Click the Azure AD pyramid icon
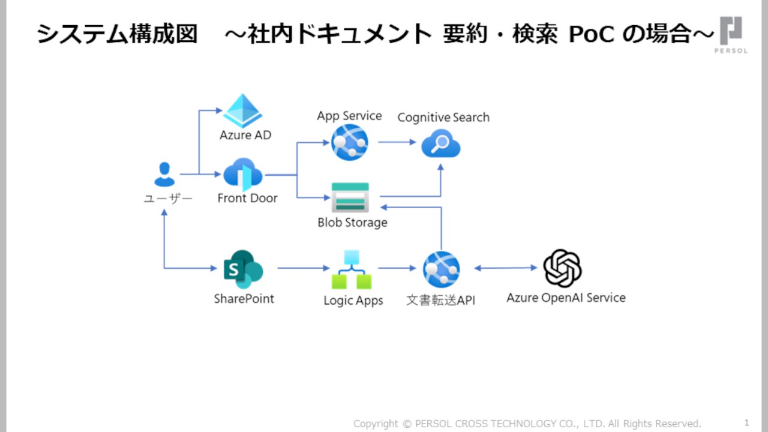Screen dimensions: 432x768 pos(243,111)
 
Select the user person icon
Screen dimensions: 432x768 pos(164,174)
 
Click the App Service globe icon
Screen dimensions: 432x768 pos(349,142)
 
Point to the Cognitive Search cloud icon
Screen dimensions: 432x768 pos(440,145)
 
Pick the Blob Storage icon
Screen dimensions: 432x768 pos(350,197)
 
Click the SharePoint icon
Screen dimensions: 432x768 pos(243,269)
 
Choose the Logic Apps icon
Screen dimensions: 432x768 pos(352,270)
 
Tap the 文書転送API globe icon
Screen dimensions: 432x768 pos(441,269)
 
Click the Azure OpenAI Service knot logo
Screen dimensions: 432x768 pos(562,268)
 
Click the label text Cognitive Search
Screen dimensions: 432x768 pos(443,118)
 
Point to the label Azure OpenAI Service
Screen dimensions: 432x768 pos(566,298)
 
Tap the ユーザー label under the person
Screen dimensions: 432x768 pos(168,199)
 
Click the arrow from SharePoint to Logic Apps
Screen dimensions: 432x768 pos(304,268)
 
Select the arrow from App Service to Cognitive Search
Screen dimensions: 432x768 pos(397,142)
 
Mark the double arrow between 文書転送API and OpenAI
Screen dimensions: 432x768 pos(505,268)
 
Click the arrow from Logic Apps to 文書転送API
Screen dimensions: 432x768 pos(397,268)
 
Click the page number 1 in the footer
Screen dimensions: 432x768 pos(747,422)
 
